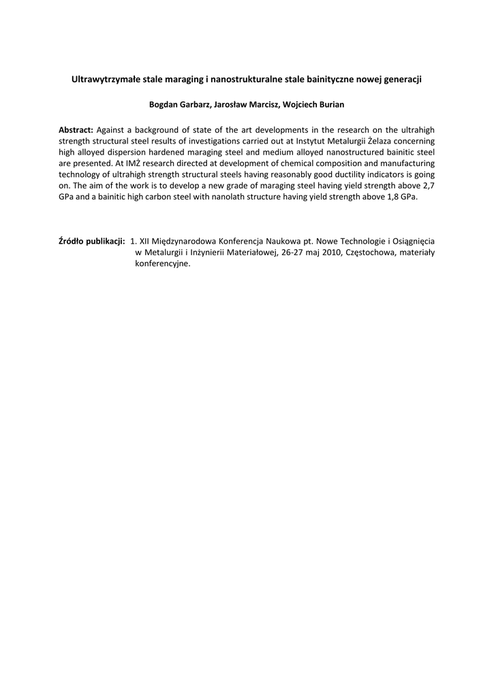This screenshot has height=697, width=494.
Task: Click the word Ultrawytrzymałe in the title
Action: coord(104,80)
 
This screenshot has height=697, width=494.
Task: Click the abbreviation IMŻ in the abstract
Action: coord(133,163)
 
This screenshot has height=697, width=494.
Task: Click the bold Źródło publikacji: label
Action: coord(92,241)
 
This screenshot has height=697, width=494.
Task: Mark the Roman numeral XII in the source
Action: coord(145,241)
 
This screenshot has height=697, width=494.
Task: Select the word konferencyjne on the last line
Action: coord(162,264)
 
